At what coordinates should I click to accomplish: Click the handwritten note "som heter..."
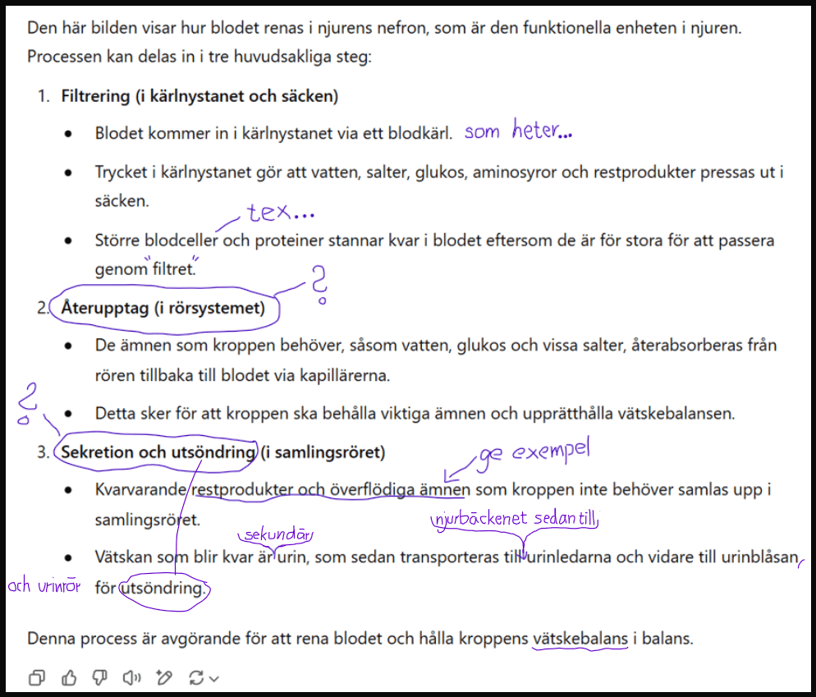pyautogui.click(x=517, y=131)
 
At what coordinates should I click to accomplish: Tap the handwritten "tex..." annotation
pyautogui.click(x=280, y=214)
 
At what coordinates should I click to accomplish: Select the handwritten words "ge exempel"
pyautogui.click(x=538, y=452)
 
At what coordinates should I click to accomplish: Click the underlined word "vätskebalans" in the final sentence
pyautogui.click(x=580, y=638)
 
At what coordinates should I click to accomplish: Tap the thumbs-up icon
pyautogui.click(x=69, y=677)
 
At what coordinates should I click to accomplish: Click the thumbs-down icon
pyautogui.click(x=100, y=677)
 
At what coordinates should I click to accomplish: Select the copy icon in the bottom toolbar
pyautogui.click(x=38, y=677)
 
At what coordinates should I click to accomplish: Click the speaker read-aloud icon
pyautogui.click(x=131, y=677)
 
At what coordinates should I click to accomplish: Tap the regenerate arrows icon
pyautogui.click(x=196, y=677)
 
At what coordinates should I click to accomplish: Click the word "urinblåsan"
pyautogui.click(x=760, y=558)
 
